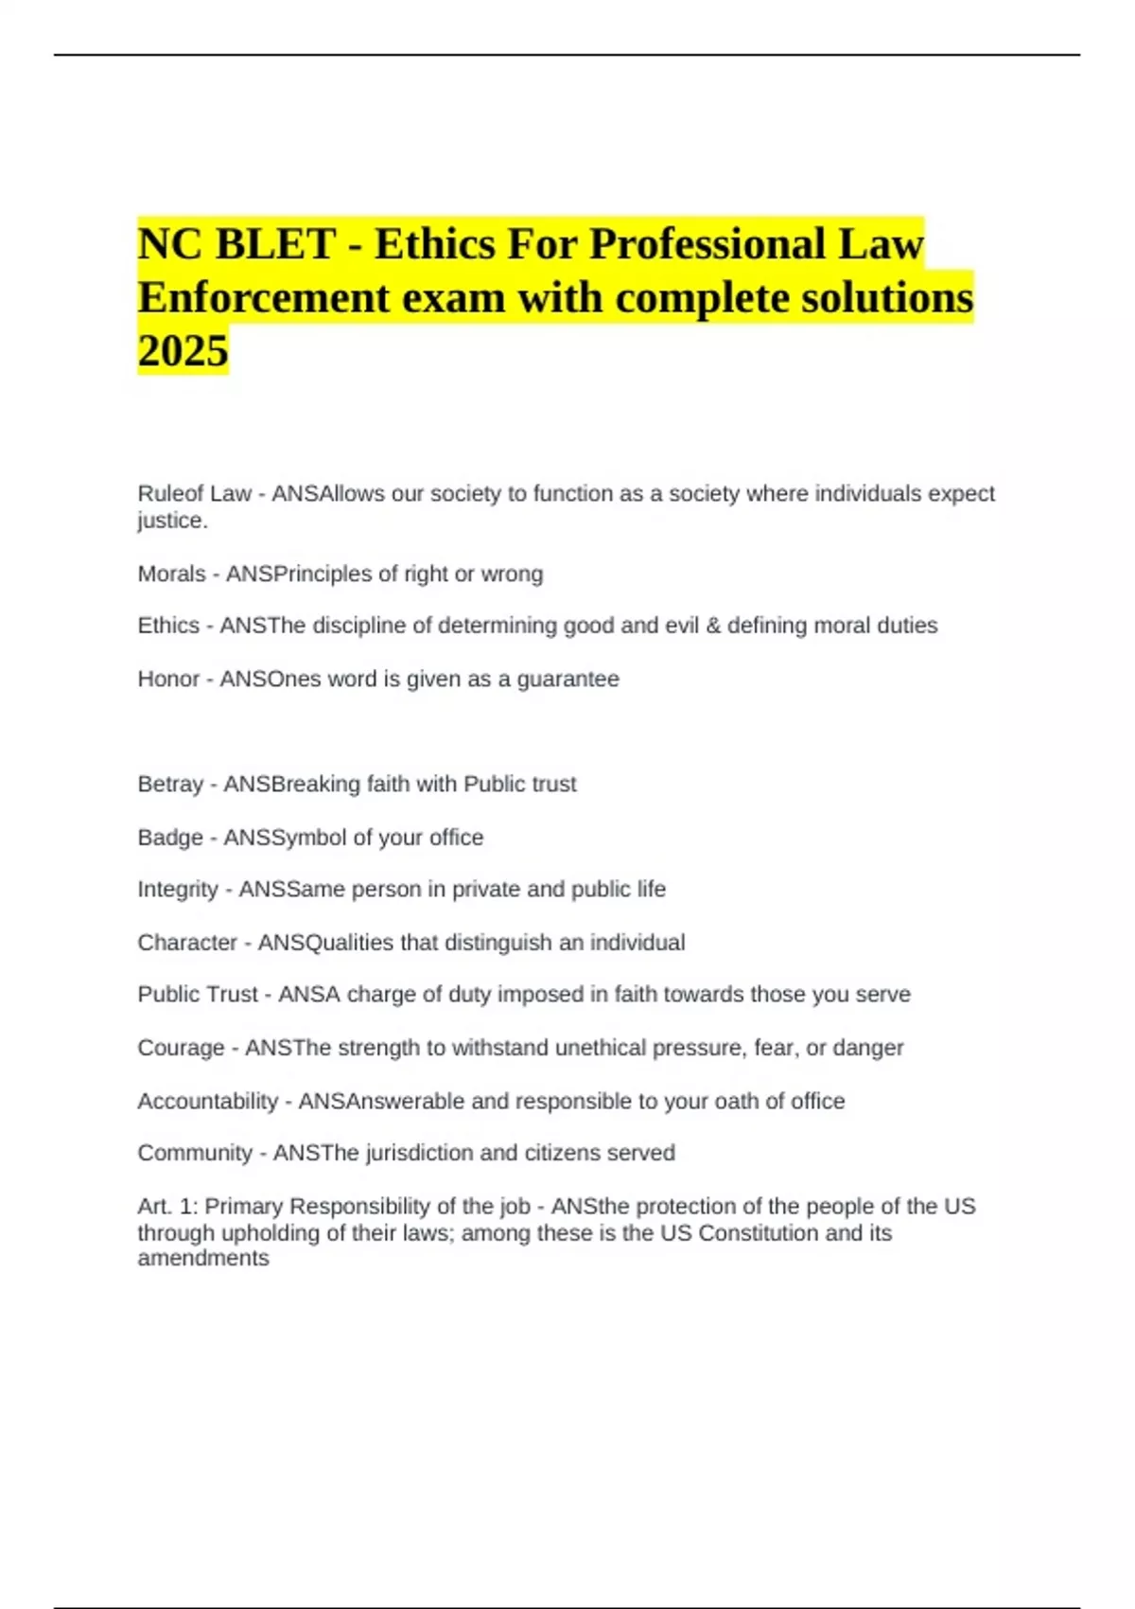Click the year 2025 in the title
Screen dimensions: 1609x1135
[183, 350]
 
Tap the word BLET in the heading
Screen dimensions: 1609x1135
[275, 244]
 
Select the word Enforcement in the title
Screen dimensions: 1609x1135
[264, 297]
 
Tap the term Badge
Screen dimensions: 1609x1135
[170, 838]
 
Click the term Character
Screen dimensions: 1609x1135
[187, 943]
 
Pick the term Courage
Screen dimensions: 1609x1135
[181, 1048]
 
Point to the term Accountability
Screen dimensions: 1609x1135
[208, 1101]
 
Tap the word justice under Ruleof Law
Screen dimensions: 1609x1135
[171, 521]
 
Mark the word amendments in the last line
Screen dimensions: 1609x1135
[203, 1258]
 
